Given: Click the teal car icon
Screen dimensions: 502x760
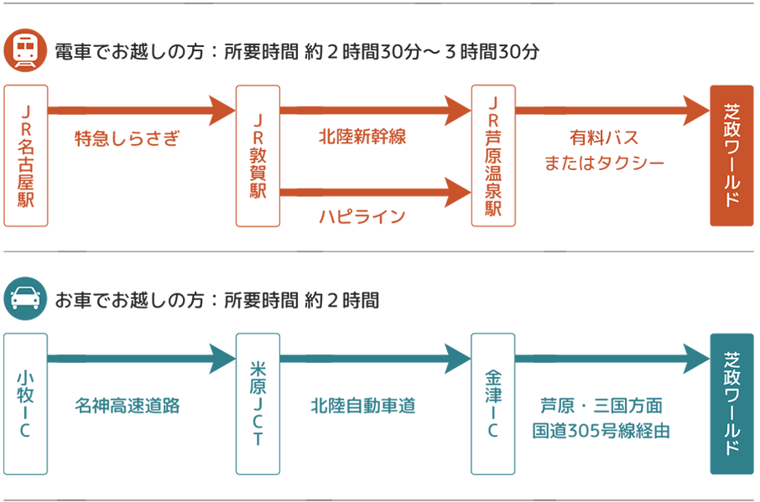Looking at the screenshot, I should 25,298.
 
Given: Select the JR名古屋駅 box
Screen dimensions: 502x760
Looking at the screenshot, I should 26,156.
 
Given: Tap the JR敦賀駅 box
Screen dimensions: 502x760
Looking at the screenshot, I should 258,156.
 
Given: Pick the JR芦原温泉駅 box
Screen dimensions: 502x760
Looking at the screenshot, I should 492,156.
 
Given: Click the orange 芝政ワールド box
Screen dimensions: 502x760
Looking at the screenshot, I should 731,156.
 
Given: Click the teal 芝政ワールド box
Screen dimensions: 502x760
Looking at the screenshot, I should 731,404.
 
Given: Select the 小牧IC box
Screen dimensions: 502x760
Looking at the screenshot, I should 26,404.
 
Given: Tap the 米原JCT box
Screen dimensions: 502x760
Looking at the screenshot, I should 258,404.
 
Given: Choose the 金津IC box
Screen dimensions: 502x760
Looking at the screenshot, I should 492,404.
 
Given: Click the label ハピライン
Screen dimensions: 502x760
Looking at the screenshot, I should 362,217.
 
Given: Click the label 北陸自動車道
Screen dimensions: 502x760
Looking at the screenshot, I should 362,406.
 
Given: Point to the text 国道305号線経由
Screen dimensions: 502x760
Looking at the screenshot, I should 601,431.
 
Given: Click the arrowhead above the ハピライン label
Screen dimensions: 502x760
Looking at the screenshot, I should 458,193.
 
